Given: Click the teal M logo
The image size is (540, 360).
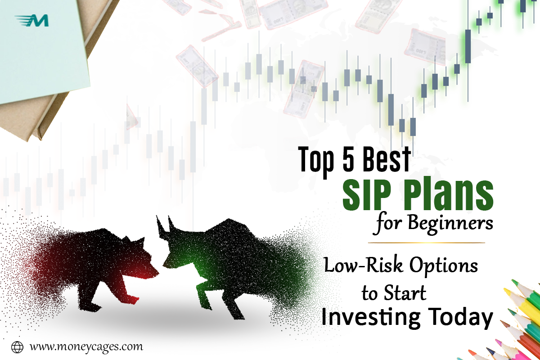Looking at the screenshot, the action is click(x=32, y=20).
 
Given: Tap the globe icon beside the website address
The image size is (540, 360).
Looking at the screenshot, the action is click(x=17, y=347).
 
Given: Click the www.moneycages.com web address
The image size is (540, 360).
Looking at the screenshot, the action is click(x=86, y=347).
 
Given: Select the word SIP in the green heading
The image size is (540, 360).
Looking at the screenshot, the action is click(x=366, y=194).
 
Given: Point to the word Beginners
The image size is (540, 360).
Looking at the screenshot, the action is click(x=450, y=223).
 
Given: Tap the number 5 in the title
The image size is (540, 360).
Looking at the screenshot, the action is click(x=348, y=159).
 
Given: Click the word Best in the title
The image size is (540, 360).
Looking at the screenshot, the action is click(x=386, y=159).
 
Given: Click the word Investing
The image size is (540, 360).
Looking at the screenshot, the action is click(x=371, y=318).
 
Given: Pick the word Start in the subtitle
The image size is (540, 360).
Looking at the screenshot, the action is click(x=405, y=292).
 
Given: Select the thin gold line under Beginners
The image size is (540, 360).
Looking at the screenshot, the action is click(x=426, y=243).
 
